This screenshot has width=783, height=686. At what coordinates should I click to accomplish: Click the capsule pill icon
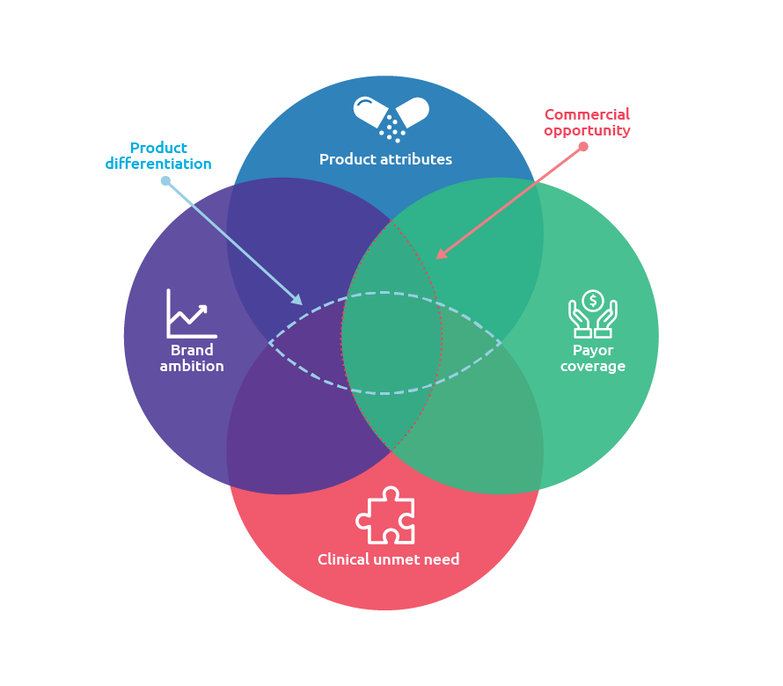pyautogui.click(x=391, y=118)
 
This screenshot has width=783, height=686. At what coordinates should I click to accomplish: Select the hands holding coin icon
pyautogui.click(x=593, y=314)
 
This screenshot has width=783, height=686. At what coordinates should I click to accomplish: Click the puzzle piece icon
pyautogui.click(x=385, y=515)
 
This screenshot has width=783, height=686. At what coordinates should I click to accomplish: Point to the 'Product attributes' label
pyautogui.click(x=385, y=160)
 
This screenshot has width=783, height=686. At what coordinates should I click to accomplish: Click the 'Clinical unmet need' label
pyautogui.click(x=388, y=559)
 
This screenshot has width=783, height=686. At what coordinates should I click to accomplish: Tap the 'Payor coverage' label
pyautogui.click(x=593, y=359)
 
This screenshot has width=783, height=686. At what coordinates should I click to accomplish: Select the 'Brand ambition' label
pyautogui.click(x=192, y=359)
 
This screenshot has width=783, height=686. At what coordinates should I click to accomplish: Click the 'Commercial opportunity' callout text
pyautogui.click(x=587, y=122)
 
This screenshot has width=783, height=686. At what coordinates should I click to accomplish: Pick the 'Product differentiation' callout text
pyautogui.click(x=158, y=156)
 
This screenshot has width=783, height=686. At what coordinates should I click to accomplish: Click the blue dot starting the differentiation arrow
pyautogui.click(x=165, y=181)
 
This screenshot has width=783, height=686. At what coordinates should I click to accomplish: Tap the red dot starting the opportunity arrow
pyautogui.click(x=583, y=147)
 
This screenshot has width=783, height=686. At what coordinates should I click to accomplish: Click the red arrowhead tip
pyautogui.click(x=437, y=259)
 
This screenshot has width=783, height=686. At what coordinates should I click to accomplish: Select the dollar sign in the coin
pyautogui.click(x=593, y=301)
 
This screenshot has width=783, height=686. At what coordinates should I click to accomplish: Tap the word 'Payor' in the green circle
pyautogui.click(x=593, y=351)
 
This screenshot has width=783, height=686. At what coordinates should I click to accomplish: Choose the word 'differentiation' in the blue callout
pyautogui.click(x=158, y=164)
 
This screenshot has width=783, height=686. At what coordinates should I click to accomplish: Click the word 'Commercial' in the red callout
pyautogui.click(x=587, y=114)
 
